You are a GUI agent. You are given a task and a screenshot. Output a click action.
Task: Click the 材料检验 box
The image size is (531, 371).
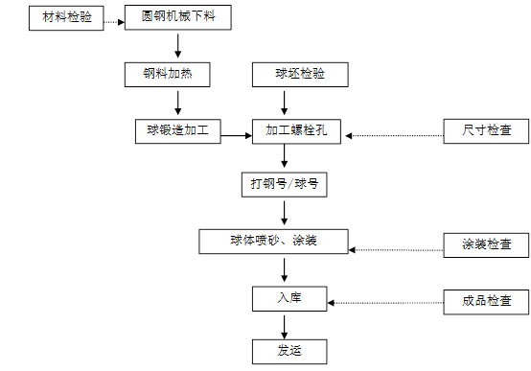pyautogui.click(x=66, y=18)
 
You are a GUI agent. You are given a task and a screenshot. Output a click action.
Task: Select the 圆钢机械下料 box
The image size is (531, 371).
pyautogui.click(x=179, y=18)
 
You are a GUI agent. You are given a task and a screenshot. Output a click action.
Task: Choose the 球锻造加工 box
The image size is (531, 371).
pyautogui.click(x=178, y=130)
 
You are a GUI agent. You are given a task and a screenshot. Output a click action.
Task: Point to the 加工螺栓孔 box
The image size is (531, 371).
pyautogui.click(x=297, y=131)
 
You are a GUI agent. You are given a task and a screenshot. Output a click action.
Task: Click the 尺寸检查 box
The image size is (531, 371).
pyautogui.click(x=486, y=131)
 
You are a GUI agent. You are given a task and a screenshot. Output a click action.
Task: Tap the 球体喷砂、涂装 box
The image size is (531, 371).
pyautogui.click(x=274, y=242)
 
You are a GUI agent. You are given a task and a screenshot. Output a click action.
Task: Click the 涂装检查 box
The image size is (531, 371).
pyautogui.click(x=486, y=244)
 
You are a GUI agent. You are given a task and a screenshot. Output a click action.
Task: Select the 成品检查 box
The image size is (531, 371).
pyautogui.click(x=486, y=301)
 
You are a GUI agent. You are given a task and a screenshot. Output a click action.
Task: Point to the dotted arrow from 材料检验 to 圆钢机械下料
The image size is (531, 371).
pyautogui.click(x=114, y=19)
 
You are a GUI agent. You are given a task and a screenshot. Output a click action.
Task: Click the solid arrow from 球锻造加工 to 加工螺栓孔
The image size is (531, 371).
pyautogui.click(x=236, y=137)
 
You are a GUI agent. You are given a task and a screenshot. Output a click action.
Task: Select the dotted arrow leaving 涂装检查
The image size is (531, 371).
pyautogui.click(x=395, y=250)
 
